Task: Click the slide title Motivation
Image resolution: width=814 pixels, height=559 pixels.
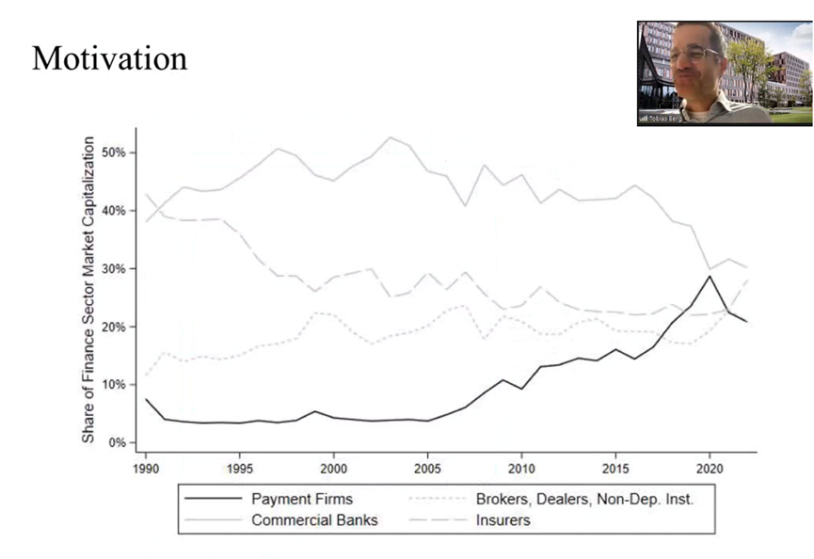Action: [x=109, y=58]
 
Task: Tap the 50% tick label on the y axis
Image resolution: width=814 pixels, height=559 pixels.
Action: [x=116, y=152]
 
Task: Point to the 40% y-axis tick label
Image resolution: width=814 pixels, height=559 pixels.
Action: [x=116, y=211]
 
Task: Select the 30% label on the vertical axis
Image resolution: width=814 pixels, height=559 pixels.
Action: [x=116, y=268]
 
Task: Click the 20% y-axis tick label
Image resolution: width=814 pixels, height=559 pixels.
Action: [x=116, y=327]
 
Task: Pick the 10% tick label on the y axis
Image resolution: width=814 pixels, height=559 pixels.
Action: [x=116, y=385]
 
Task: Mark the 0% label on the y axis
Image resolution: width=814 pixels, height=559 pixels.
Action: [x=120, y=442]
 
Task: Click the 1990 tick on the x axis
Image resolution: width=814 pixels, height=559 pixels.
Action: [x=146, y=467]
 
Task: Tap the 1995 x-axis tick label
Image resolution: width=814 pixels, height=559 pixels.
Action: [x=240, y=467]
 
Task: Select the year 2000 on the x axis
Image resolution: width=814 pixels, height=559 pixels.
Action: [x=334, y=467]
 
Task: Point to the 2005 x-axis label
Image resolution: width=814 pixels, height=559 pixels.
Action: [x=428, y=467]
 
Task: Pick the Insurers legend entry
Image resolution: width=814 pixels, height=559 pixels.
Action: [x=503, y=519]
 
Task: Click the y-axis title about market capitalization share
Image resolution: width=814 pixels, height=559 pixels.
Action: [x=88, y=290]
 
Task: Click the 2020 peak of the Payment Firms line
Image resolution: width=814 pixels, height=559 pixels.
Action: [x=710, y=276]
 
